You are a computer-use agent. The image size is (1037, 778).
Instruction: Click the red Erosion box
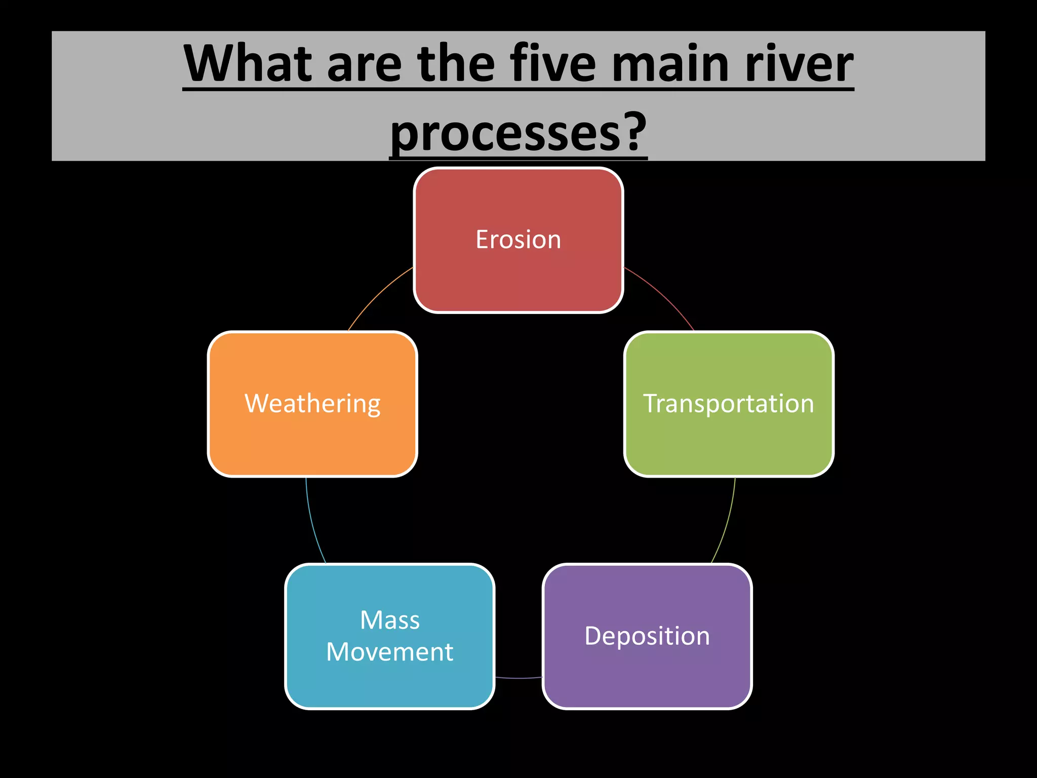coord(518,240)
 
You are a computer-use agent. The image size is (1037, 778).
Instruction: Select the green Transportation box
coord(729,404)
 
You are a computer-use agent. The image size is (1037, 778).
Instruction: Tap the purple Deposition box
coord(647,636)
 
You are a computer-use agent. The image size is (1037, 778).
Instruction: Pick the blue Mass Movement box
coord(389,636)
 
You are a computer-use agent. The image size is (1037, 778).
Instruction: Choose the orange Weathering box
coord(312,404)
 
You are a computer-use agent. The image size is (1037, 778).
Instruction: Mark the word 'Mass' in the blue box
coord(390,620)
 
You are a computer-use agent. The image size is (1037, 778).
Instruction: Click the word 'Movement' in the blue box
coord(389,652)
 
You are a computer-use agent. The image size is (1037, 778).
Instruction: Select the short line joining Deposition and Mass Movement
coord(518,678)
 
